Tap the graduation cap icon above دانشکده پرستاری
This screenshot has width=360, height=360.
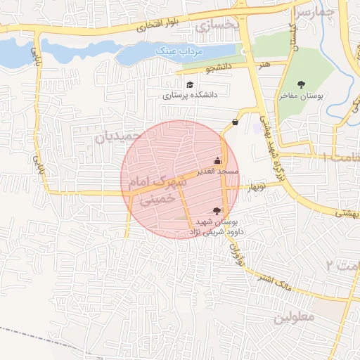pos(190,84)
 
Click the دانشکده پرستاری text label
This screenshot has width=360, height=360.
pos(191,94)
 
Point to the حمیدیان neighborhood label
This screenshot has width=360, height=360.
pos(114,136)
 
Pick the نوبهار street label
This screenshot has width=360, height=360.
pos(254,187)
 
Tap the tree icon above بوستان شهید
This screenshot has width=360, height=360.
pos(217,210)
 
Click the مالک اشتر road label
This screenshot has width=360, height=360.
pos(274,281)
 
